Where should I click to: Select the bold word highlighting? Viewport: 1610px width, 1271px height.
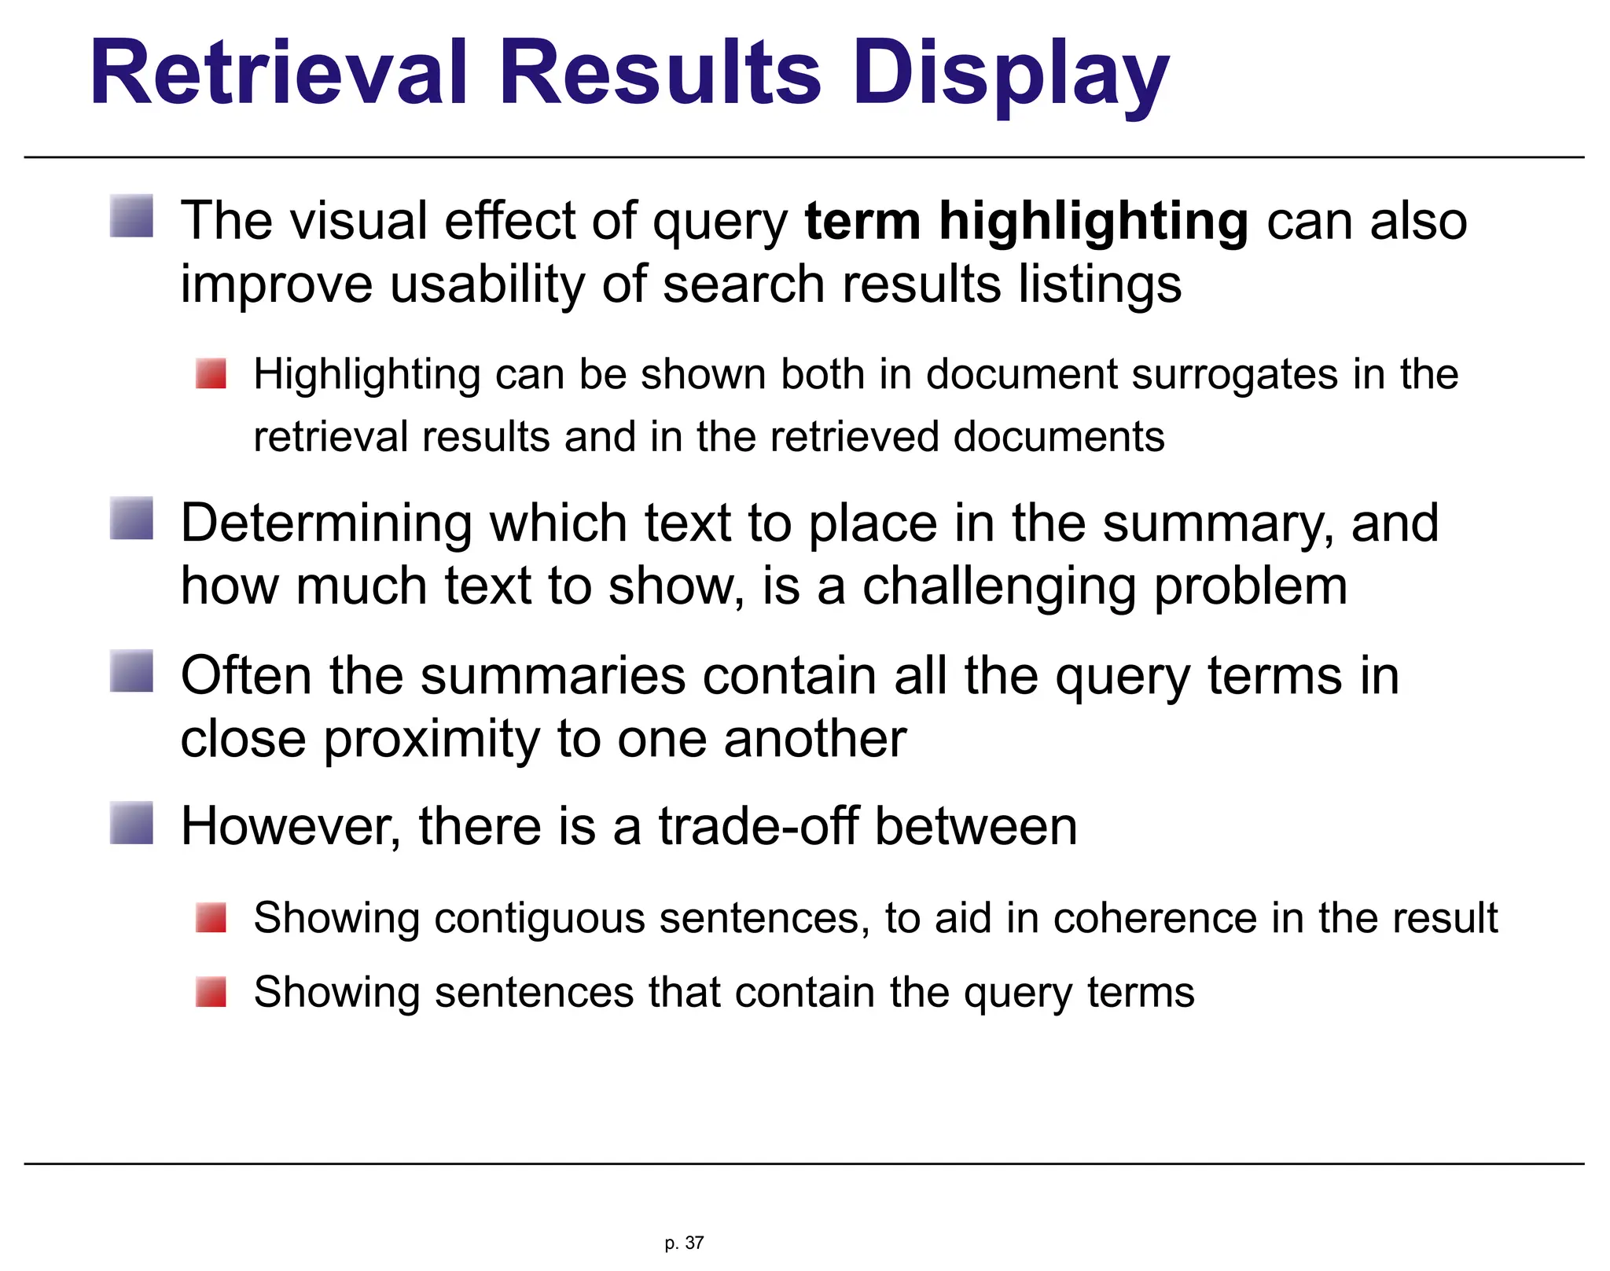click(x=1093, y=222)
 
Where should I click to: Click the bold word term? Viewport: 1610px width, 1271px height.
click(x=862, y=221)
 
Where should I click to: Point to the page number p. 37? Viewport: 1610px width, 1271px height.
click(x=684, y=1243)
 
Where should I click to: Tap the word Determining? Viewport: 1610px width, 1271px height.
click(x=325, y=524)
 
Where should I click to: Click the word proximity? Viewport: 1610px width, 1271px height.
click(x=431, y=740)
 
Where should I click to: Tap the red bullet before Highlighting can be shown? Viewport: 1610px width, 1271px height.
click(x=211, y=373)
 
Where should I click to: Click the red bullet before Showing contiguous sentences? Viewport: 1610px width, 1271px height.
click(x=211, y=917)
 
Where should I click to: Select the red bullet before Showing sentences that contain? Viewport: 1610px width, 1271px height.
click(x=211, y=991)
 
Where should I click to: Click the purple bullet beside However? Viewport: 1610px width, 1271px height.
click(x=131, y=823)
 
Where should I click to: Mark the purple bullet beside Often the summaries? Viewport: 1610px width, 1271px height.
click(x=131, y=671)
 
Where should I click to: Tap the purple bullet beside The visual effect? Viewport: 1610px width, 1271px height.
click(x=131, y=216)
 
